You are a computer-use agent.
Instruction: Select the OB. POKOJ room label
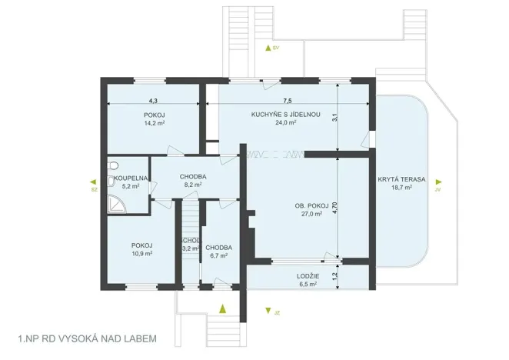(311, 206)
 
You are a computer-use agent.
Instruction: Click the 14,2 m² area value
(155, 123)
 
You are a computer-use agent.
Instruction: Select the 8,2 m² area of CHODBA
(192, 185)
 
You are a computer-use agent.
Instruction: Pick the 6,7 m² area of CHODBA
(218, 255)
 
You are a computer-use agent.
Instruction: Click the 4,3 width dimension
(153, 101)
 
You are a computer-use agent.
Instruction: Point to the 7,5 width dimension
(287, 101)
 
